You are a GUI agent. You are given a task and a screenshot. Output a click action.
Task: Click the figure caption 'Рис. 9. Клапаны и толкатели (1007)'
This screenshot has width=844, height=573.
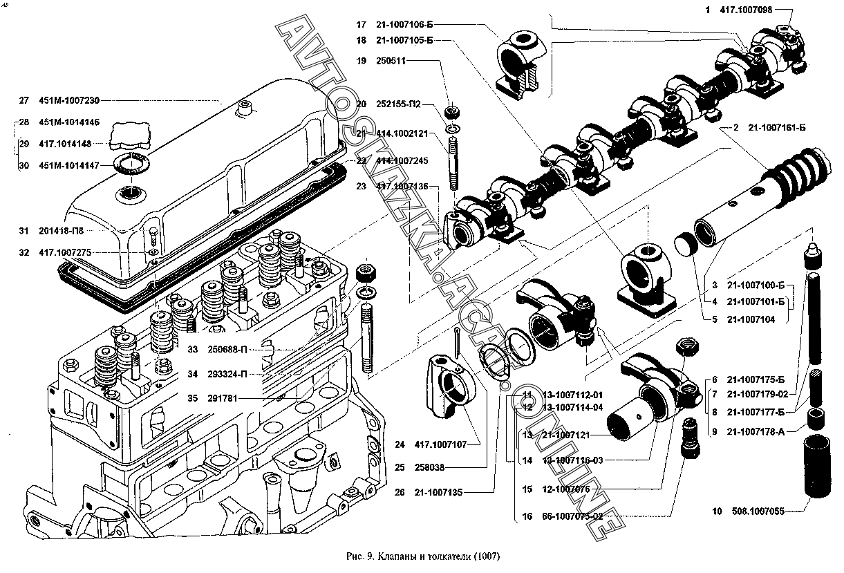click(x=421, y=556)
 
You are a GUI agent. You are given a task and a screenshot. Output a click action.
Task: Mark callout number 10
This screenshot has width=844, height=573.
click(x=716, y=511)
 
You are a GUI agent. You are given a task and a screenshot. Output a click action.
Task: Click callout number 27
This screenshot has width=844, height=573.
click(x=24, y=100)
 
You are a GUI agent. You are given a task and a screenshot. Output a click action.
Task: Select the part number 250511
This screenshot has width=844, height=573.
click(x=391, y=61)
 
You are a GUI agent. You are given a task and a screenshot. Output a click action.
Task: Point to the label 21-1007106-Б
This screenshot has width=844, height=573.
click(x=404, y=24)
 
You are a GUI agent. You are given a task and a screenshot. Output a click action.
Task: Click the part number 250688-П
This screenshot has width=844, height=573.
click(x=226, y=350)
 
